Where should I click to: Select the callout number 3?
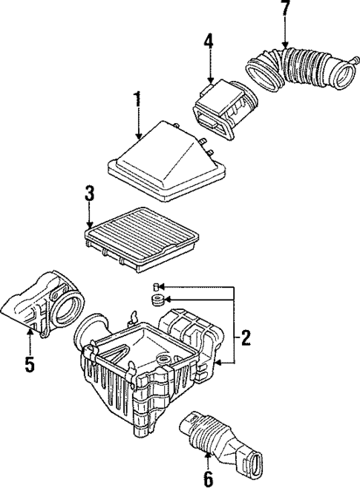89,195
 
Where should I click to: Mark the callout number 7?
285,10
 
